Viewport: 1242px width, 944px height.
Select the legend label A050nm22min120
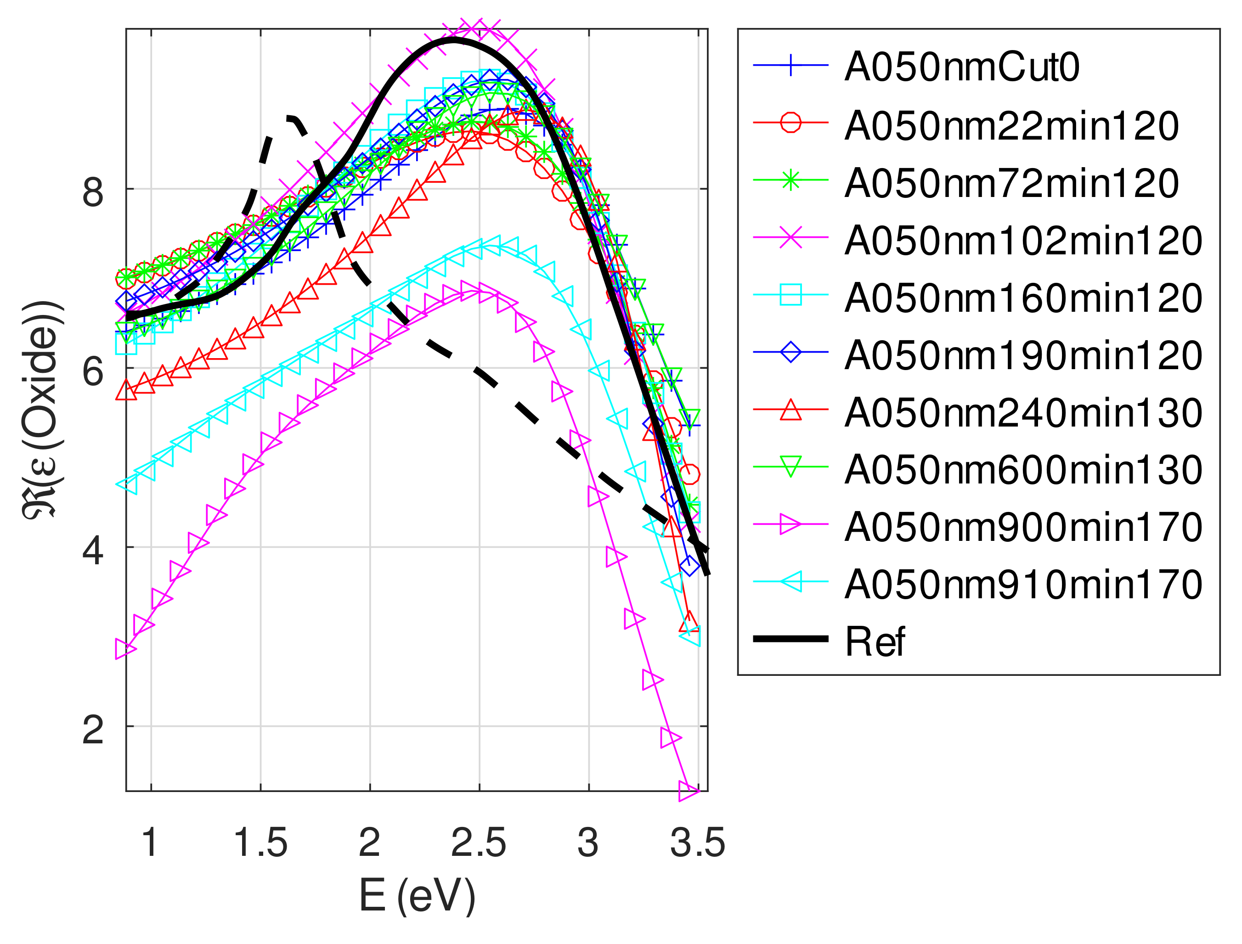click(x=1011, y=126)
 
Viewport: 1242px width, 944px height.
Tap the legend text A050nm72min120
click(x=1011, y=183)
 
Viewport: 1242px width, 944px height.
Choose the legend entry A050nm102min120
click(x=1023, y=241)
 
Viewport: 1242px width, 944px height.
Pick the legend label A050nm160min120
click(x=1023, y=298)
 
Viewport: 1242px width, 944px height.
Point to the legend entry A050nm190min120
click(x=1023, y=355)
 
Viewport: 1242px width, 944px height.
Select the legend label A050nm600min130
click(x=1023, y=470)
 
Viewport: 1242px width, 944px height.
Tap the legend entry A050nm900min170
click(x=1023, y=527)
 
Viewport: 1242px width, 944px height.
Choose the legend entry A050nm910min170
click(x=1023, y=584)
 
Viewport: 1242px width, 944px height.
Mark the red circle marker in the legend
click(x=791, y=122)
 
